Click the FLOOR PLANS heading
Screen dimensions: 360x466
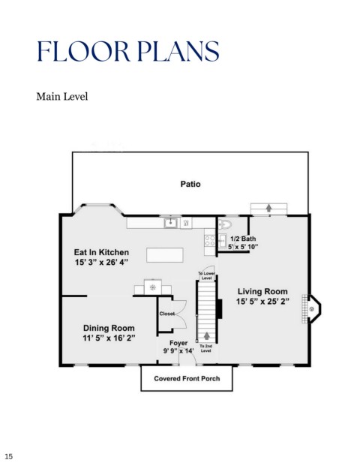(x=128, y=51)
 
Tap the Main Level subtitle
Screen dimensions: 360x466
(x=61, y=97)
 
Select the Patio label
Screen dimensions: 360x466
(x=190, y=184)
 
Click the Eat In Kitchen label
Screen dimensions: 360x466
(x=101, y=252)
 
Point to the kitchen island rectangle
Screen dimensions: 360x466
(x=164, y=255)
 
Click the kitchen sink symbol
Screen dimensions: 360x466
(x=171, y=222)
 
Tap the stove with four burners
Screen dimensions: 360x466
(x=210, y=240)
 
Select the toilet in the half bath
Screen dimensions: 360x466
(x=225, y=224)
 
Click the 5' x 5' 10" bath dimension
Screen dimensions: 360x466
(x=243, y=246)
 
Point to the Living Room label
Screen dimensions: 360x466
(x=262, y=292)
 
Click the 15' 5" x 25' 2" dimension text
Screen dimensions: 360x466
(x=262, y=302)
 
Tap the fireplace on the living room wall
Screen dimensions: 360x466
(x=311, y=309)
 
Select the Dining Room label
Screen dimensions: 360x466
(x=109, y=328)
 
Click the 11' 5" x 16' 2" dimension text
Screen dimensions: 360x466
(x=109, y=338)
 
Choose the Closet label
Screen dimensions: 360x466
(x=167, y=314)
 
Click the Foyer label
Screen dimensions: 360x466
(x=178, y=343)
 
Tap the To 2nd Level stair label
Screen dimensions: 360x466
(x=205, y=348)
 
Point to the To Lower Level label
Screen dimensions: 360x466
(x=207, y=275)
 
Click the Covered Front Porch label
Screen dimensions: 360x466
(x=187, y=378)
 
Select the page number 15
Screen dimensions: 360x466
(x=9, y=456)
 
